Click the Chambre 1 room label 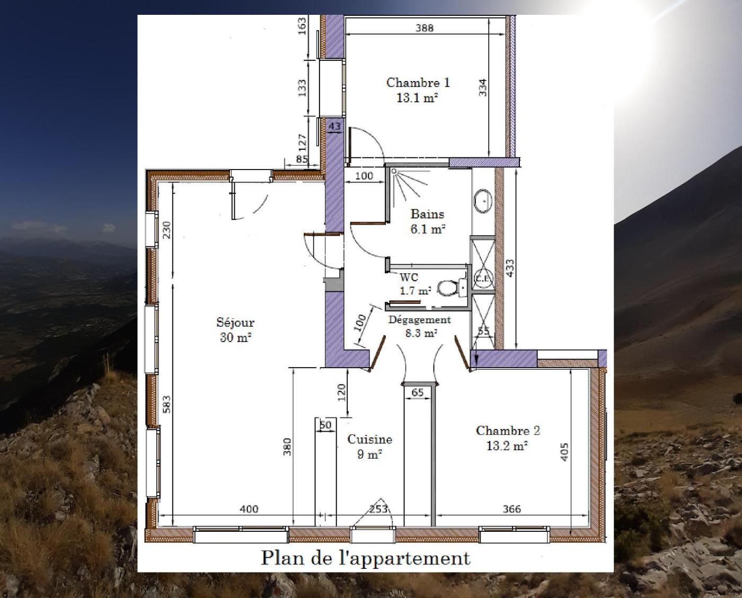coord(418,83)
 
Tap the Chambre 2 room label coord(508,431)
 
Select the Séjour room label coord(235,323)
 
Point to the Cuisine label coord(369,440)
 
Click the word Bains coord(427,214)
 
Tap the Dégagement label coord(420,320)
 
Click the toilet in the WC coord(447,288)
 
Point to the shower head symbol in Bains coord(394,171)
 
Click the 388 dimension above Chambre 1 coord(424,28)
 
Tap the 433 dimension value coord(510,268)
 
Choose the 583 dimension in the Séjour coord(166,405)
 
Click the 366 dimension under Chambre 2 coord(511,509)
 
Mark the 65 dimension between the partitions coord(418,392)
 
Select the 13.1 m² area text coord(417,98)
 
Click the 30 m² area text coord(235,337)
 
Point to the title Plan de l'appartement coord(366,559)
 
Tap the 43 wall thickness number coord(334,127)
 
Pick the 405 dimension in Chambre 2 coord(564,452)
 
